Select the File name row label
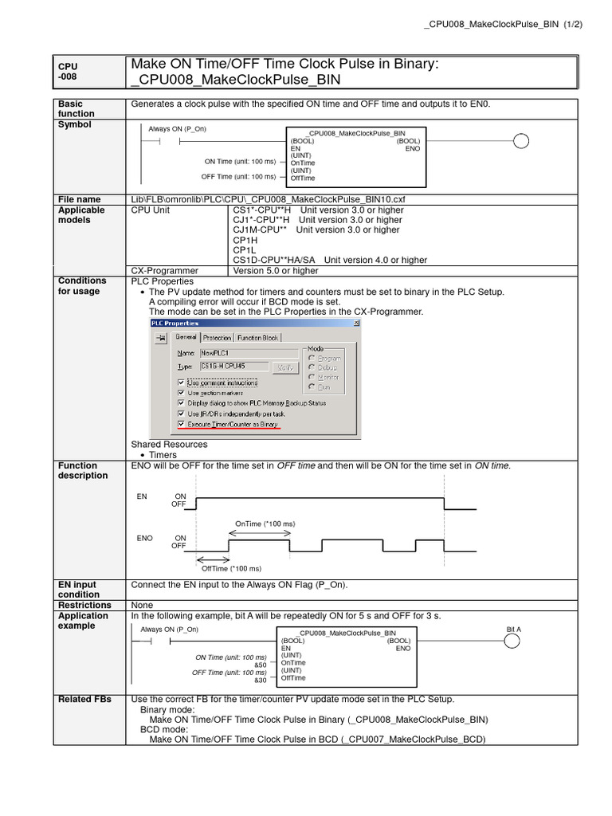[x=78, y=199]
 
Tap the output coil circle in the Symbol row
[x=520, y=142]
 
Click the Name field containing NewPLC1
[x=230, y=353]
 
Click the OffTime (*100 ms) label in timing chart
[x=231, y=568]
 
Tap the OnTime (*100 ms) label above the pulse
[x=265, y=524]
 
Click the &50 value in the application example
[x=261, y=665]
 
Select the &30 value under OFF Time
[x=261, y=680]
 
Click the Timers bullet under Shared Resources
[x=163, y=455]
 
